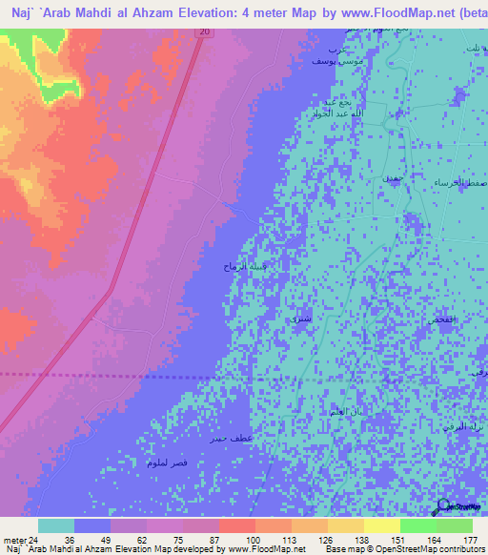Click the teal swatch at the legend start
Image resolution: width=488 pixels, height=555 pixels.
point(56,525)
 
